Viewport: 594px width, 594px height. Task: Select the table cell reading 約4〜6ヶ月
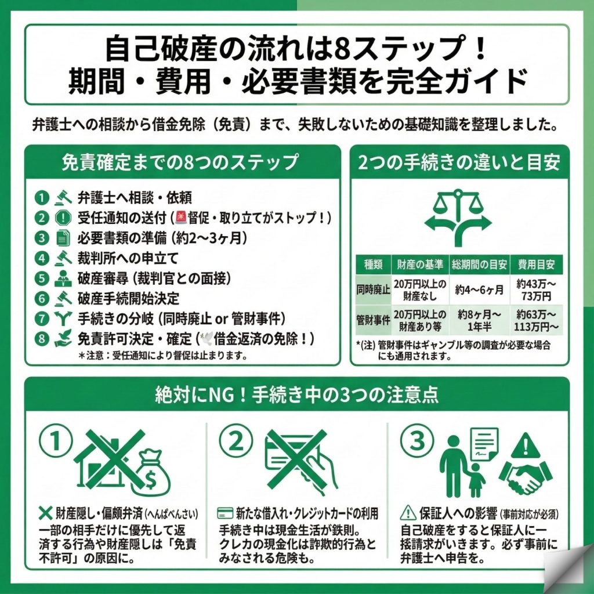(480, 288)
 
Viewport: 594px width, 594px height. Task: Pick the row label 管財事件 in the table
(373, 320)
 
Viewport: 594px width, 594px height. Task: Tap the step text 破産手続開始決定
(128, 298)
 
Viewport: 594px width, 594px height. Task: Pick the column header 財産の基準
(421, 265)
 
